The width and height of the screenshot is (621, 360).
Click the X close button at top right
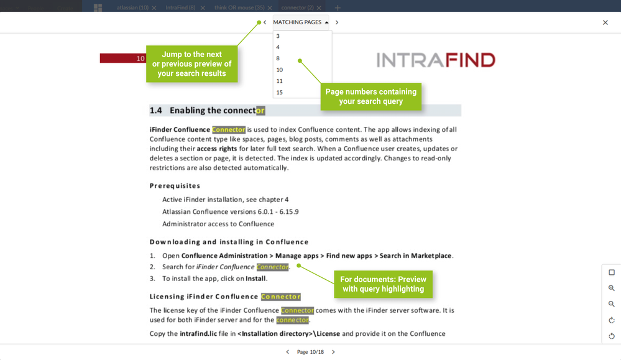pyautogui.click(x=605, y=23)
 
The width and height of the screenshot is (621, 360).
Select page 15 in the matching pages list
pyautogui.click(x=280, y=93)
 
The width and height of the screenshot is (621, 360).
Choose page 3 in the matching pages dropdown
pyautogui.click(x=278, y=37)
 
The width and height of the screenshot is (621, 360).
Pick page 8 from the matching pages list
pyautogui.click(x=278, y=58)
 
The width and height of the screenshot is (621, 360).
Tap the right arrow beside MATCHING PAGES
pyautogui.click(x=337, y=22)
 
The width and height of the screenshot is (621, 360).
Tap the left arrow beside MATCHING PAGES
pyautogui.click(x=265, y=22)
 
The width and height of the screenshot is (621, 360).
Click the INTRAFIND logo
pyautogui.click(x=436, y=60)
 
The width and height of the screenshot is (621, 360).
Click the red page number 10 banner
pyautogui.click(x=122, y=58)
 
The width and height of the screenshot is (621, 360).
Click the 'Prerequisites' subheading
pyautogui.click(x=175, y=186)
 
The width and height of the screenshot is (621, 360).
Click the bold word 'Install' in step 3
pyautogui.click(x=255, y=279)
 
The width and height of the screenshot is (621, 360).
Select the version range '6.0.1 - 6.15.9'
pyautogui.click(x=276, y=212)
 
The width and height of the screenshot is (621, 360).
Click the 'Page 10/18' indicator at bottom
pyautogui.click(x=310, y=352)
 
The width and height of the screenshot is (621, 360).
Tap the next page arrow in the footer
pyautogui.click(x=333, y=352)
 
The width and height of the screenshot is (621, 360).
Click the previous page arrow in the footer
pyautogui.click(x=287, y=352)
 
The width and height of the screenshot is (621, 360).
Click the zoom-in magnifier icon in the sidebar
pyautogui.click(x=611, y=288)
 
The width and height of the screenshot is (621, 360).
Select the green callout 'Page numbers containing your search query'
pyautogui.click(x=370, y=96)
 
